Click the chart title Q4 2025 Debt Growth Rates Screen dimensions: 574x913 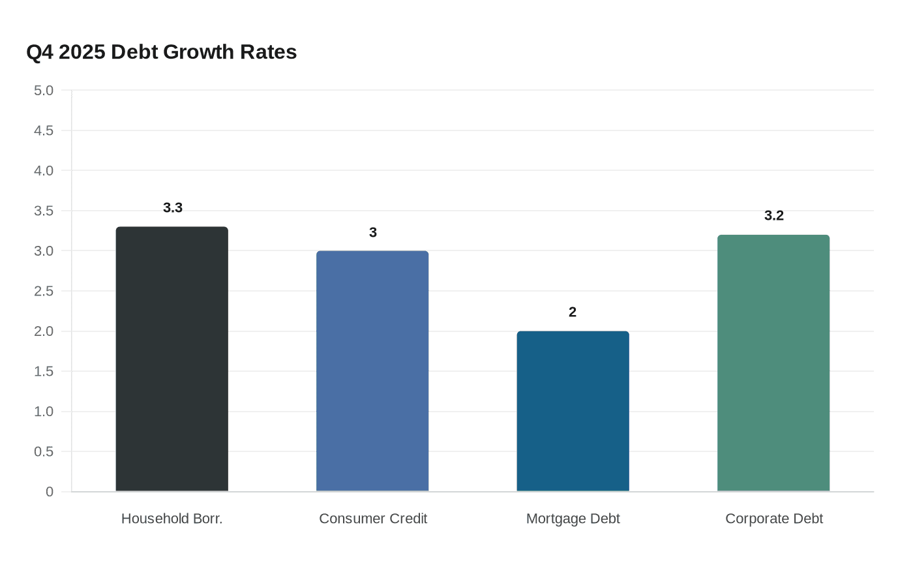162,52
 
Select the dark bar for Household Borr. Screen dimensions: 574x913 172,359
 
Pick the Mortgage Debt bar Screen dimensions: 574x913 573,411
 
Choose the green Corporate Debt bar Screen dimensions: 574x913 773,363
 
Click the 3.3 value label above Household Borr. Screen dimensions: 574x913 172,208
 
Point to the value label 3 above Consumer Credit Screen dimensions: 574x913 372,232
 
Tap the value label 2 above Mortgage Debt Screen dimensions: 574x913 573,312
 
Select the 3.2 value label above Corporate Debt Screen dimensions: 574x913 773,216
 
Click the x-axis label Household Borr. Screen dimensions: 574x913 172,519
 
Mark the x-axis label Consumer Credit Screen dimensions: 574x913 372,519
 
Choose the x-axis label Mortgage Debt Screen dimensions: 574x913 573,519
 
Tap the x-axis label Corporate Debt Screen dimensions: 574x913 773,519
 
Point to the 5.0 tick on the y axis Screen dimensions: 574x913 44,91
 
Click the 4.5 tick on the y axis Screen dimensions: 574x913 44,131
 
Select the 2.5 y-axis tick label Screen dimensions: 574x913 44,292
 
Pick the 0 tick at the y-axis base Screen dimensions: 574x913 50,492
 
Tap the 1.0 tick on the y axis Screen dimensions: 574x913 44,412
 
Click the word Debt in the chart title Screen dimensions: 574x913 134,52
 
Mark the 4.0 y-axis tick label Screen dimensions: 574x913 44,171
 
